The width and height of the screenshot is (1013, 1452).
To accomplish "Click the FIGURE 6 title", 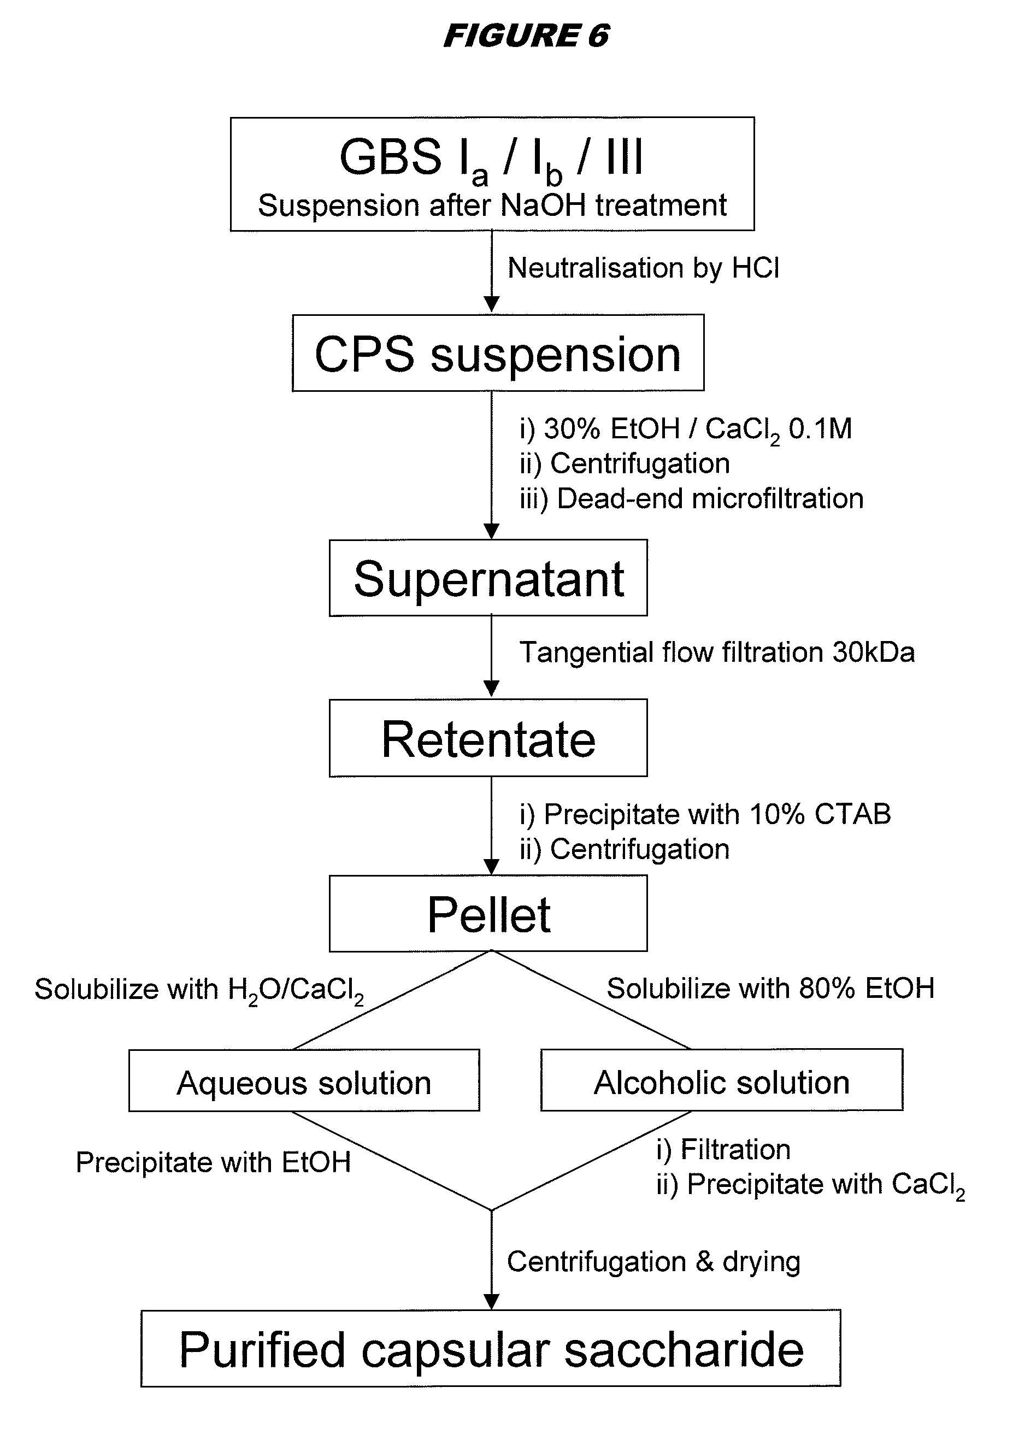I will click(526, 36).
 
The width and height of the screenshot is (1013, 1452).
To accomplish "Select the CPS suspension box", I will click(498, 353).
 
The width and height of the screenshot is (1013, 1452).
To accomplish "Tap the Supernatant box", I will click(488, 578).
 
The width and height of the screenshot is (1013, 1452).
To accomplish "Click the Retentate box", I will click(488, 738).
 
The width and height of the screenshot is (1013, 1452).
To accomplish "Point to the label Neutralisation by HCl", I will click(643, 268).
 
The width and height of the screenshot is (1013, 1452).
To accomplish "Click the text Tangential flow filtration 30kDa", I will click(716, 652).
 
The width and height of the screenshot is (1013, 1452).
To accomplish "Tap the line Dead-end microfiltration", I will click(692, 498).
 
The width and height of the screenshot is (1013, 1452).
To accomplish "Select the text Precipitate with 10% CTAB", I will click(705, 814).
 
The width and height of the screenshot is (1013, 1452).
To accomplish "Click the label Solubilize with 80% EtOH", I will click(770, 989).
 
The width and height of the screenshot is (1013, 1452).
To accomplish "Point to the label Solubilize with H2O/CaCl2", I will click(198, 990).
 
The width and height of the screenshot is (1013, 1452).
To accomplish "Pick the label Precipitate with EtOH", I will click(213, 1162).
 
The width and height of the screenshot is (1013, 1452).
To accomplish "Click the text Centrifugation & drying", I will click(653, 1262).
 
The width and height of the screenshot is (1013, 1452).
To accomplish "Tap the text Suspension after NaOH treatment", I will click(492, 205).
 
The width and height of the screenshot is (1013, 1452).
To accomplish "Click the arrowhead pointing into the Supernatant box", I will click(491, 531).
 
